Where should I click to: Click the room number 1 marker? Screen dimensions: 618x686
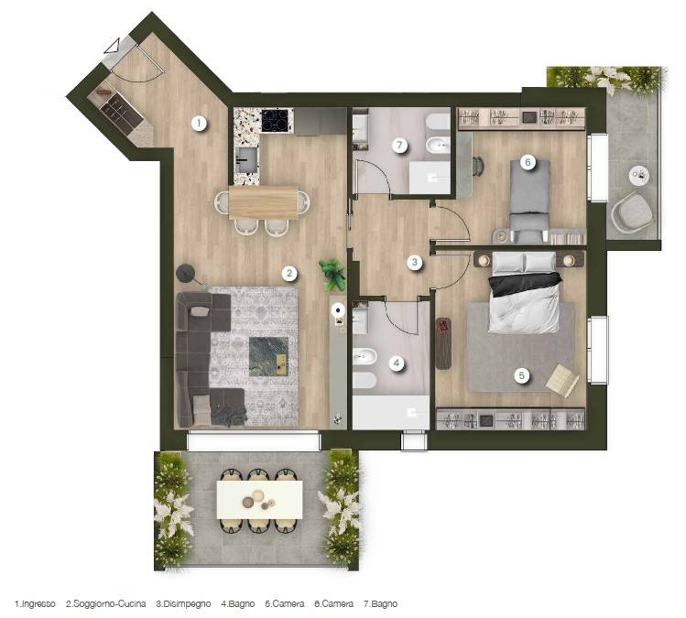(x=198, y=122)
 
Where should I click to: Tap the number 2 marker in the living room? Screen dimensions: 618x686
(x=289, y=272)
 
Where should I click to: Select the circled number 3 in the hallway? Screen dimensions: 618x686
(x=415, y=263)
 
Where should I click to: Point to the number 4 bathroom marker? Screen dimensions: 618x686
(x=397, y=363)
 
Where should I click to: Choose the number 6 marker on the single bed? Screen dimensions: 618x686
(x=527, y=162)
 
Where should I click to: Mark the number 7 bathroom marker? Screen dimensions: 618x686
(x=398, y=145)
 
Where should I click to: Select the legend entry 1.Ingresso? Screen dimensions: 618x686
(x=35, y=604)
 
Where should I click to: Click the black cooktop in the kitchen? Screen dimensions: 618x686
(x=276, y=120)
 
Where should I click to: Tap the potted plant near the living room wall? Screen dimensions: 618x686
(x=332, y=272)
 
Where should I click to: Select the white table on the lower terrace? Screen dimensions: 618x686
(x=259, y=499)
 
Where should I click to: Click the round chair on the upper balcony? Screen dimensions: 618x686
(x=631, y=214)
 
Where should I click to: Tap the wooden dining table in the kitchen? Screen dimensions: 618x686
(x=263, y=201)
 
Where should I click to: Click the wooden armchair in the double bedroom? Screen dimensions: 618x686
(x=562, y=379)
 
